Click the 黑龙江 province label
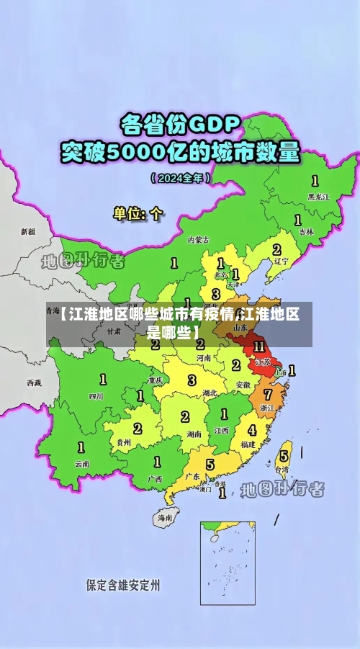click(318, 196)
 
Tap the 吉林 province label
click(307, 232)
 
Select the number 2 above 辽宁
click(276, 249)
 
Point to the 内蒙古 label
click(198, 239)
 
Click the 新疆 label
click(27, 232)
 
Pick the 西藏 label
click(34, 382)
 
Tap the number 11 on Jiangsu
click(259, 346)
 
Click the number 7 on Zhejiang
click(268, 395)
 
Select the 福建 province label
click(248, 444)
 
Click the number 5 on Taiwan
click(284, 455)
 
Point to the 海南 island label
click(166, 517)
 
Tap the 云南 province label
click(82, 464)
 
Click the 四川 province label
click(96, 395)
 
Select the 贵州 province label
click(124, 442)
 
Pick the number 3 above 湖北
click(192, 380)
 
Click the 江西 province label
click(221, 430)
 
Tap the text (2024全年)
click(180, 177)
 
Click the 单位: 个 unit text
click(139, 213)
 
